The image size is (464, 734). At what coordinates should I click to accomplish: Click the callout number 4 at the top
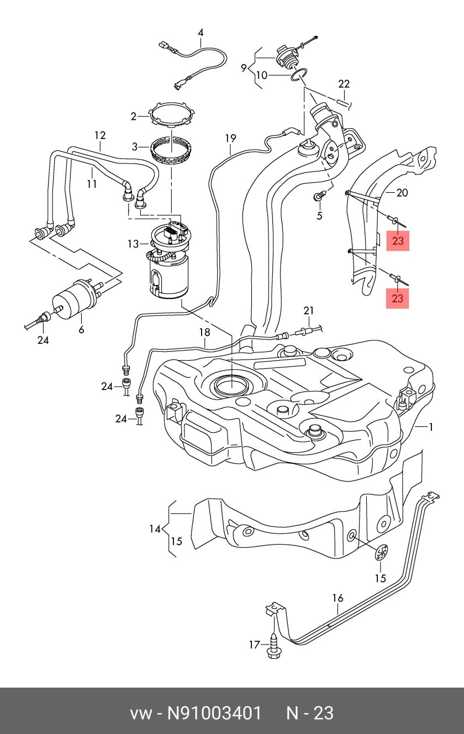coord(201,32)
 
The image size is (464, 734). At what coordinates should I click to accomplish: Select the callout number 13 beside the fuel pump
coord(133,244)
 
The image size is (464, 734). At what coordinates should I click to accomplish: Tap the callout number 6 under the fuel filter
coord(81,330)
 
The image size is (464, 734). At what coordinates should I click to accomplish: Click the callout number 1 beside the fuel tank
coord(431,427)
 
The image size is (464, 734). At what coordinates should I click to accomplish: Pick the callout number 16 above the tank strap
coord(338,598)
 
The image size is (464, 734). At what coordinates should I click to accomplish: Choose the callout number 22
coord(344,84)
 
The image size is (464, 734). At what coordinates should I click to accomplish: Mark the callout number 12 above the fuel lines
coord(99,135)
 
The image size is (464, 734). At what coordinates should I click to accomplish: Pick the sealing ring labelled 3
coord(171,149)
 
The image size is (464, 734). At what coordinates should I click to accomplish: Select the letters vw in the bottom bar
coord(140,713)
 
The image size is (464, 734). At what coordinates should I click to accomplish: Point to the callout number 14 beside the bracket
coord(155,529)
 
